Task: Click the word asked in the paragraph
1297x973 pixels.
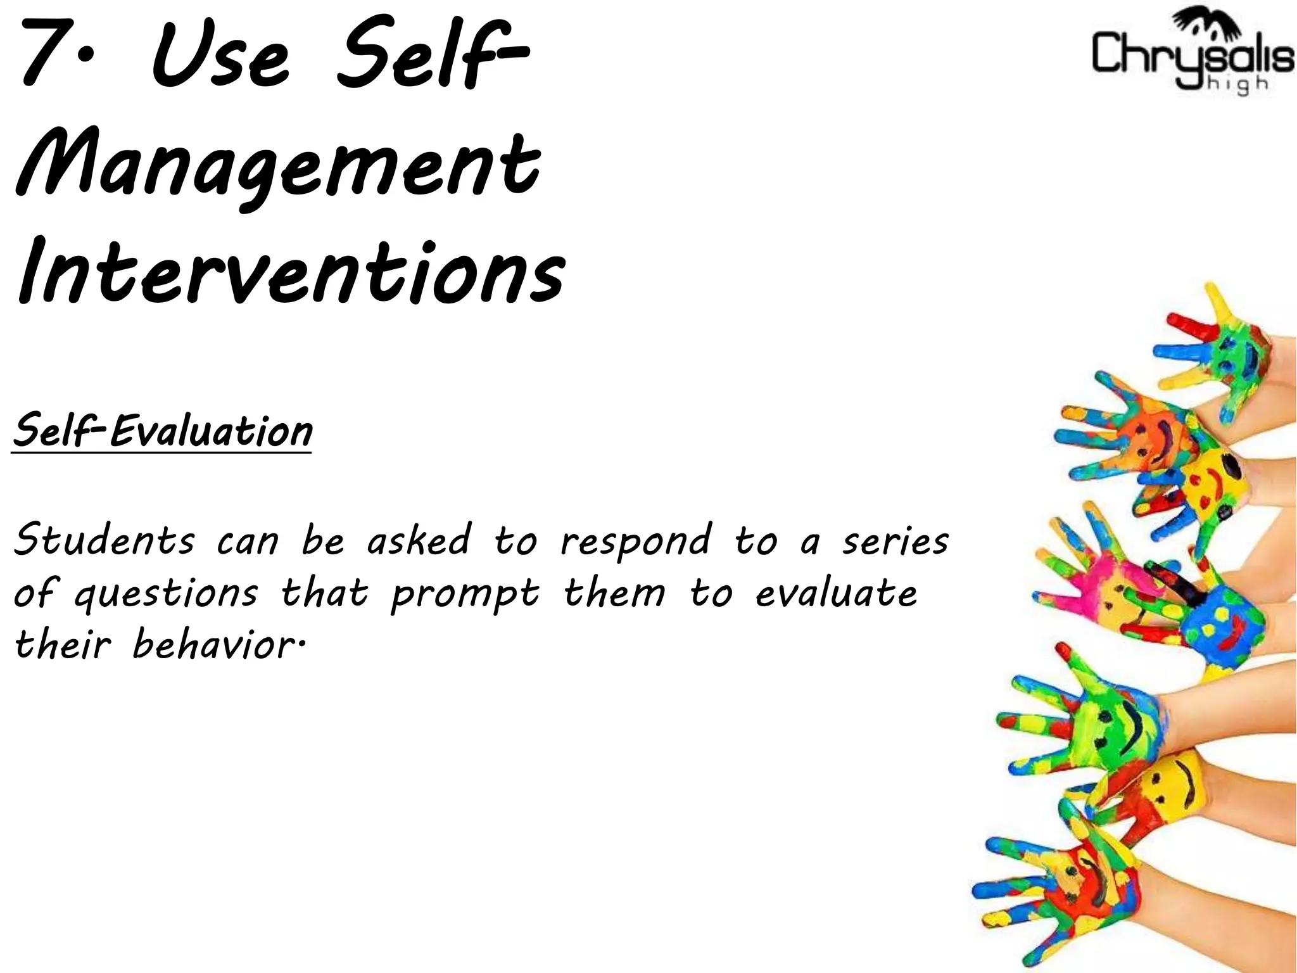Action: click(x=419, y=542)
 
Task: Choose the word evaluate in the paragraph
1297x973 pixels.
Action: click(x=836, y=594)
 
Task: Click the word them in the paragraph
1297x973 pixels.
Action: click(x=614, y=594)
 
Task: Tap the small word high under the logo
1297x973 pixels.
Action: click(x=1235, y=84)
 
